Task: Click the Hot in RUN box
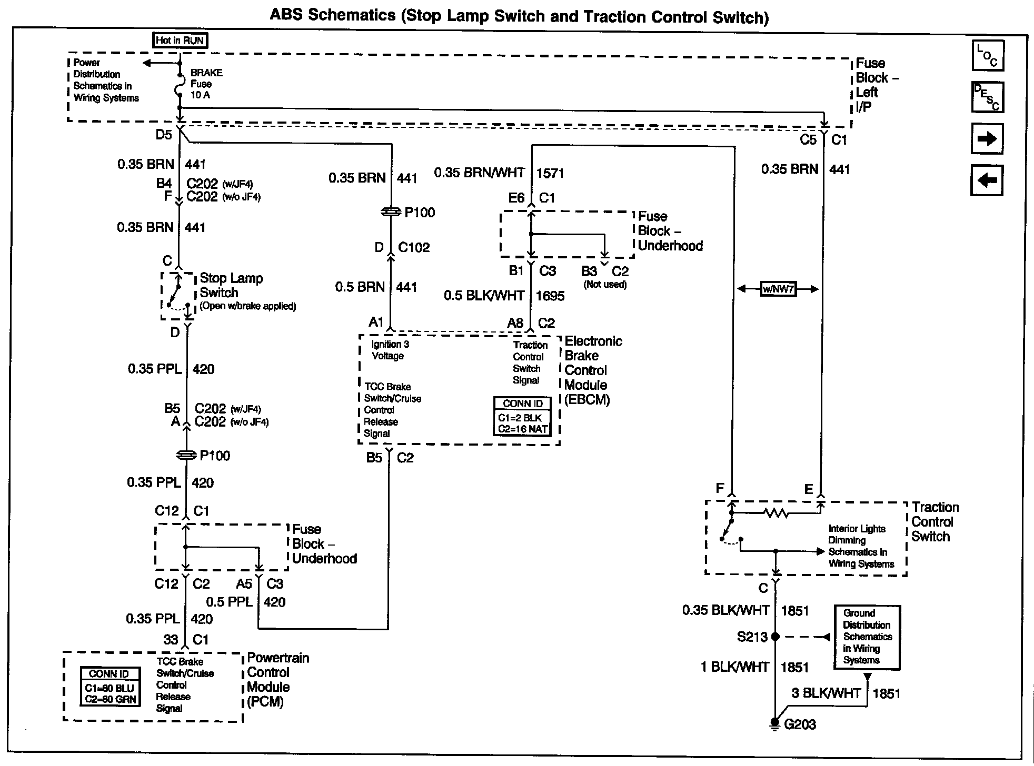click(180, 41)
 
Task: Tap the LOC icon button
click(988, 55)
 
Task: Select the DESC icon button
click(988, 97)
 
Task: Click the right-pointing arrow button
click(987, 139)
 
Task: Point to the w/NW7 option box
click(778, 289)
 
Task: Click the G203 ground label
click(800, 724)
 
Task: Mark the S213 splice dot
click(775, 637)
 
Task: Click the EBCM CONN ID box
click(523, 416)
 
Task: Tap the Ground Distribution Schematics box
click(867, 637)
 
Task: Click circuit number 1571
click(550, 173)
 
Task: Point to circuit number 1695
click(550, 296)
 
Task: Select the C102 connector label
click(414, 247)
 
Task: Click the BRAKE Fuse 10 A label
click(206, 84)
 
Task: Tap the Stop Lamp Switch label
click(231, 285)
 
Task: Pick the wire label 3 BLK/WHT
click(826, 693)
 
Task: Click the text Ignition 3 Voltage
click(390, 350)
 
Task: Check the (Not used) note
click(605, 285)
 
